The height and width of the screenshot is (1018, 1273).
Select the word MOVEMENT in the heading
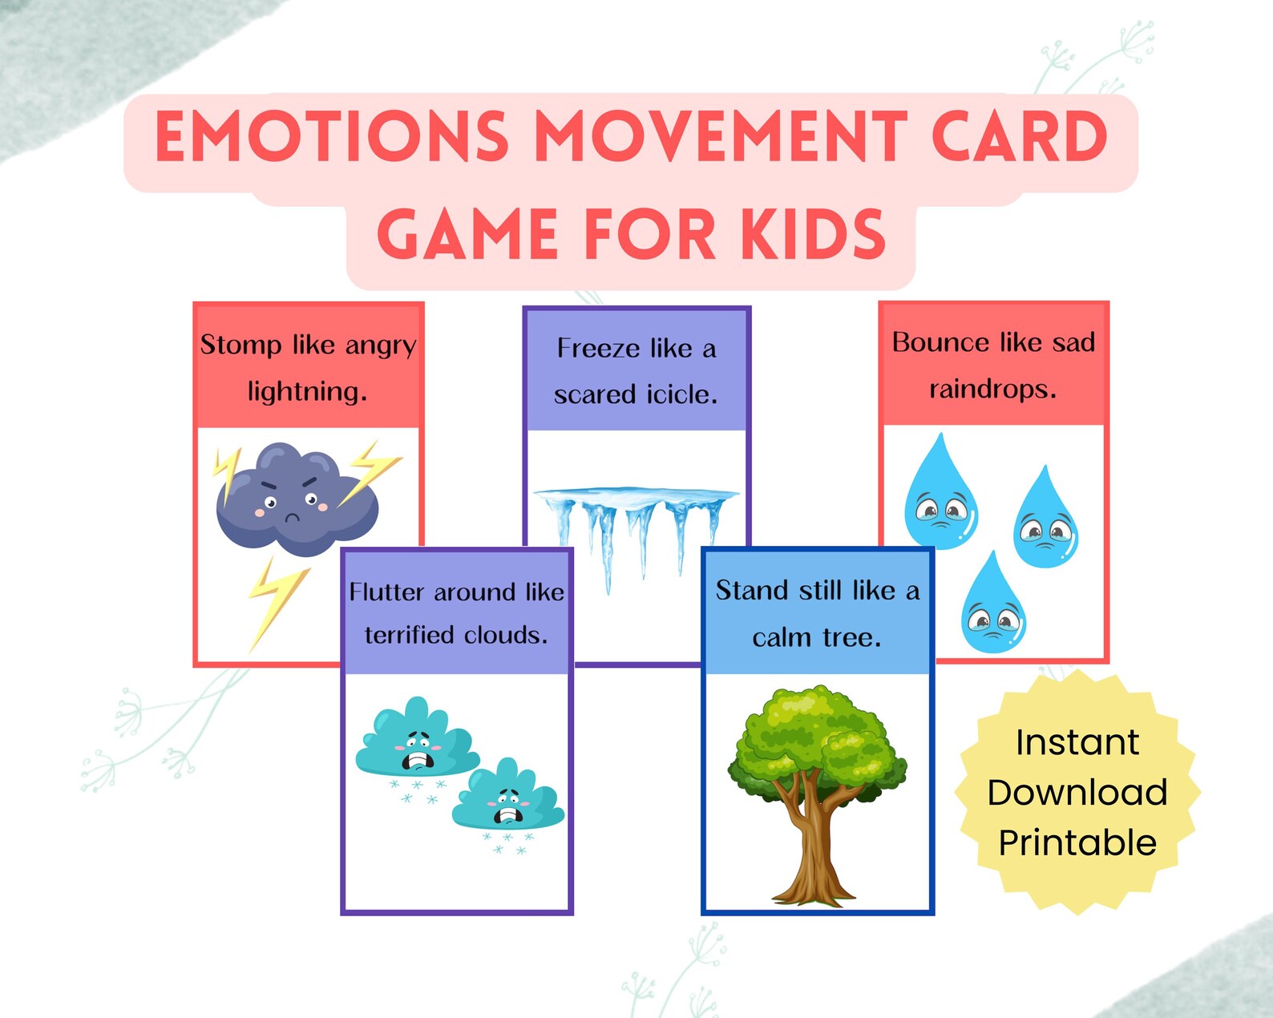(720, 136)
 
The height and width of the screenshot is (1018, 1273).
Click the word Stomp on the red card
(240, 345)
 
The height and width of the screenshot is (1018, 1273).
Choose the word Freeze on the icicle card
(597, 349)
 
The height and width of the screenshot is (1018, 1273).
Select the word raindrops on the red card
(992, 390)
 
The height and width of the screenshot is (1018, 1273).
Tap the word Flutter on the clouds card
(386, 592)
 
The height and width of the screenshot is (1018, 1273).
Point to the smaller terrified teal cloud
(508, 800)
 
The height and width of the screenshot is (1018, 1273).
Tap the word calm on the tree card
(781, 638)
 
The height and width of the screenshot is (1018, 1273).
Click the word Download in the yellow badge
(1077, 793)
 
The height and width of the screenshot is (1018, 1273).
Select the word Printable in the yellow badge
(1077, 843)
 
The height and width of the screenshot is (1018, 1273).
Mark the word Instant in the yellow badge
(1077, 742)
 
